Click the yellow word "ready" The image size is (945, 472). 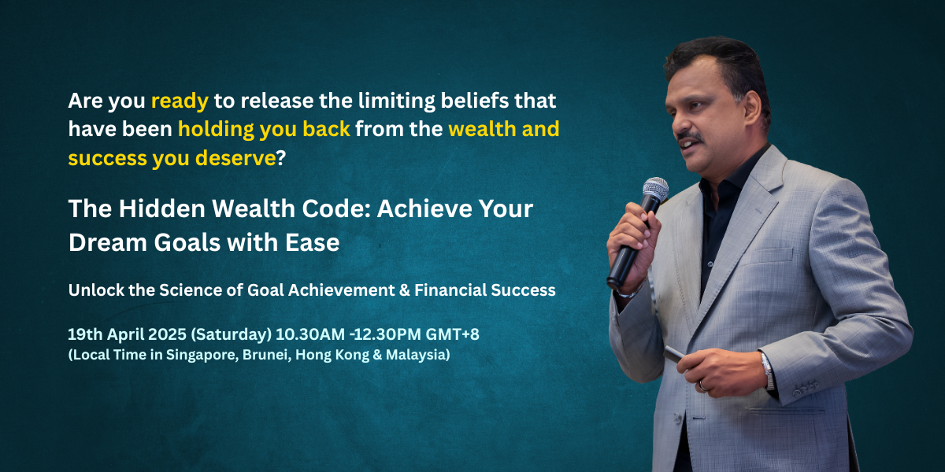[180, 101]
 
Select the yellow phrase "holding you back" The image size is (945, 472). [264, 129]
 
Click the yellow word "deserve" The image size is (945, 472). [235, 158]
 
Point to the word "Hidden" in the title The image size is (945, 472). [162, 208]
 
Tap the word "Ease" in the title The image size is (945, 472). [312, 242]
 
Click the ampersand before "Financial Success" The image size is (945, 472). [404, 290]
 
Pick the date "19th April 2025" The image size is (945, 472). [127, 334]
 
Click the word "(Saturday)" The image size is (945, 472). [232, 334]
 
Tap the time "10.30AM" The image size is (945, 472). [310, 334]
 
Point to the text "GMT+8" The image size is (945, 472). [452, 334]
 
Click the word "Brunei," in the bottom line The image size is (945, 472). [267, 355]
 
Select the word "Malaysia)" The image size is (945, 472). [417, 355]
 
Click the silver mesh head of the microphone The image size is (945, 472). [655, 189]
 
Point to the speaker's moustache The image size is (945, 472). [691, 136]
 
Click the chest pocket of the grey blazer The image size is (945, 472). [767, 256]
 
